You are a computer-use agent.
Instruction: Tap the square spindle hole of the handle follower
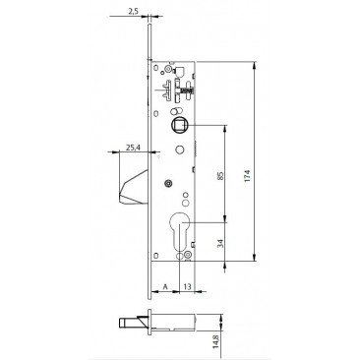point(181,125)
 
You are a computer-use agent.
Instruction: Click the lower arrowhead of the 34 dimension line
point(228,265)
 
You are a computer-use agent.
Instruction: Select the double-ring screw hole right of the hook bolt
point(168,183)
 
